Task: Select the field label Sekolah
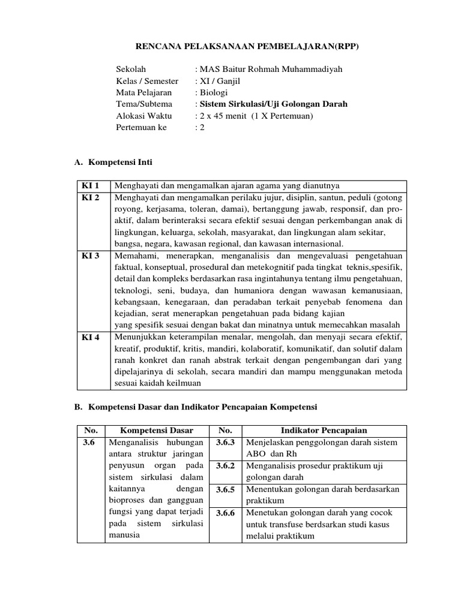pyautogui.click(x=131, y=70)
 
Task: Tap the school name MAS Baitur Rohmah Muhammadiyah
pyautogui.click(x=269, y=70)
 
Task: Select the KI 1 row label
pyautogui.click(x=91, y=185)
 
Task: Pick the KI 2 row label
pyautogui.click(x=91, y=197)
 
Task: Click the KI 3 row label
pyautogui.click(x=91, y=255)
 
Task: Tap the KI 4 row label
pyautogui.click(x=91, y=337)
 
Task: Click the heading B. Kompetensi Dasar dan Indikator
pyautogui.click(x=196, y=407)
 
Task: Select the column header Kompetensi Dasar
pyautogui.click(x=156, y=431)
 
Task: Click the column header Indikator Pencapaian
pyautogui.click(x=324, y=431)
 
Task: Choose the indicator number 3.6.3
pyautogui.click(x=225, y=443)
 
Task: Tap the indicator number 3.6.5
pyautogui.click(x=225, y=489)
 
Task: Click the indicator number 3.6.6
pyautogui.click(x=225, y=513)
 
